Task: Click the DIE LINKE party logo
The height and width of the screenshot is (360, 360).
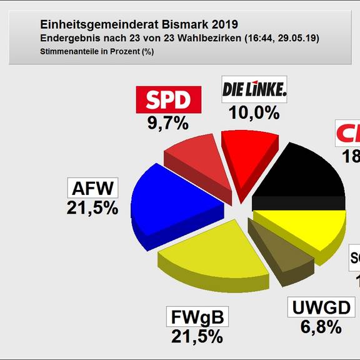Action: pyautogui.click(x=254, y=91)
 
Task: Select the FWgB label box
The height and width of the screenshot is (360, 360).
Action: pyautogui.click(x=197, y=317)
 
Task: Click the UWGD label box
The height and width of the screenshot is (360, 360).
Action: pyautogui.click(x=322, y=307)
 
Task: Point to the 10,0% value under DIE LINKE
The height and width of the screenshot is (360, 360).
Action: pyautogui.click(x=254, y=113)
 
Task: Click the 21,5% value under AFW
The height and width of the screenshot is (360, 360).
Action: pyautogui.click(x=92, y=209)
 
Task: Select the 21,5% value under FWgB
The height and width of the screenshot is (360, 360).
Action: pyautogui.click(x=197, y=337)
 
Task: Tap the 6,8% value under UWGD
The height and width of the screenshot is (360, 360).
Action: pyautogui.click(x=321, y=327)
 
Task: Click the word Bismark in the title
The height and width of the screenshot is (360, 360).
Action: pyautogui.click(x=185, y=25)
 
